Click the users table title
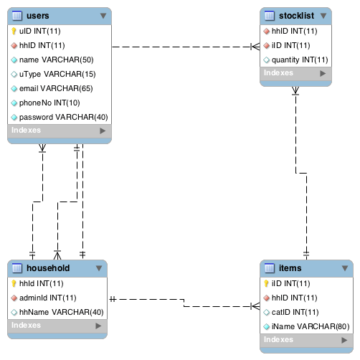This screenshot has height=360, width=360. pyautogui.click(x=37, y=14)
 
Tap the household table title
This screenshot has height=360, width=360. pyautogui.click(x=47, y=268)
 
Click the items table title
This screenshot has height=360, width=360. pyautogui.click(x=290, y=268)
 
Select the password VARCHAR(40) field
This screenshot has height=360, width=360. pyautogui.click(x=63, y=117)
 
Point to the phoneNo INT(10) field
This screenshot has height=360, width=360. pyautogui.click(x=49, y=103)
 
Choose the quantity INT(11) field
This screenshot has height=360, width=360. pyautogui.click(x=300, y=60)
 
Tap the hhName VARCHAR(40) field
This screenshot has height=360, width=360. pyautogui.click(x=61, y=312)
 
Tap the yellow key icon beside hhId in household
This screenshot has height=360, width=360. pyautogui.click(x=14, y=284)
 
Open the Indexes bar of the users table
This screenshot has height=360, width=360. pyautogui.click(x=58, y=131)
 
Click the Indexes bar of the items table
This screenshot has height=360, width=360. pyautogui.click(x=307, y=340)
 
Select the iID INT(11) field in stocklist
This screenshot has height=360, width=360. pyautogui.click(x=291, y=46)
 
